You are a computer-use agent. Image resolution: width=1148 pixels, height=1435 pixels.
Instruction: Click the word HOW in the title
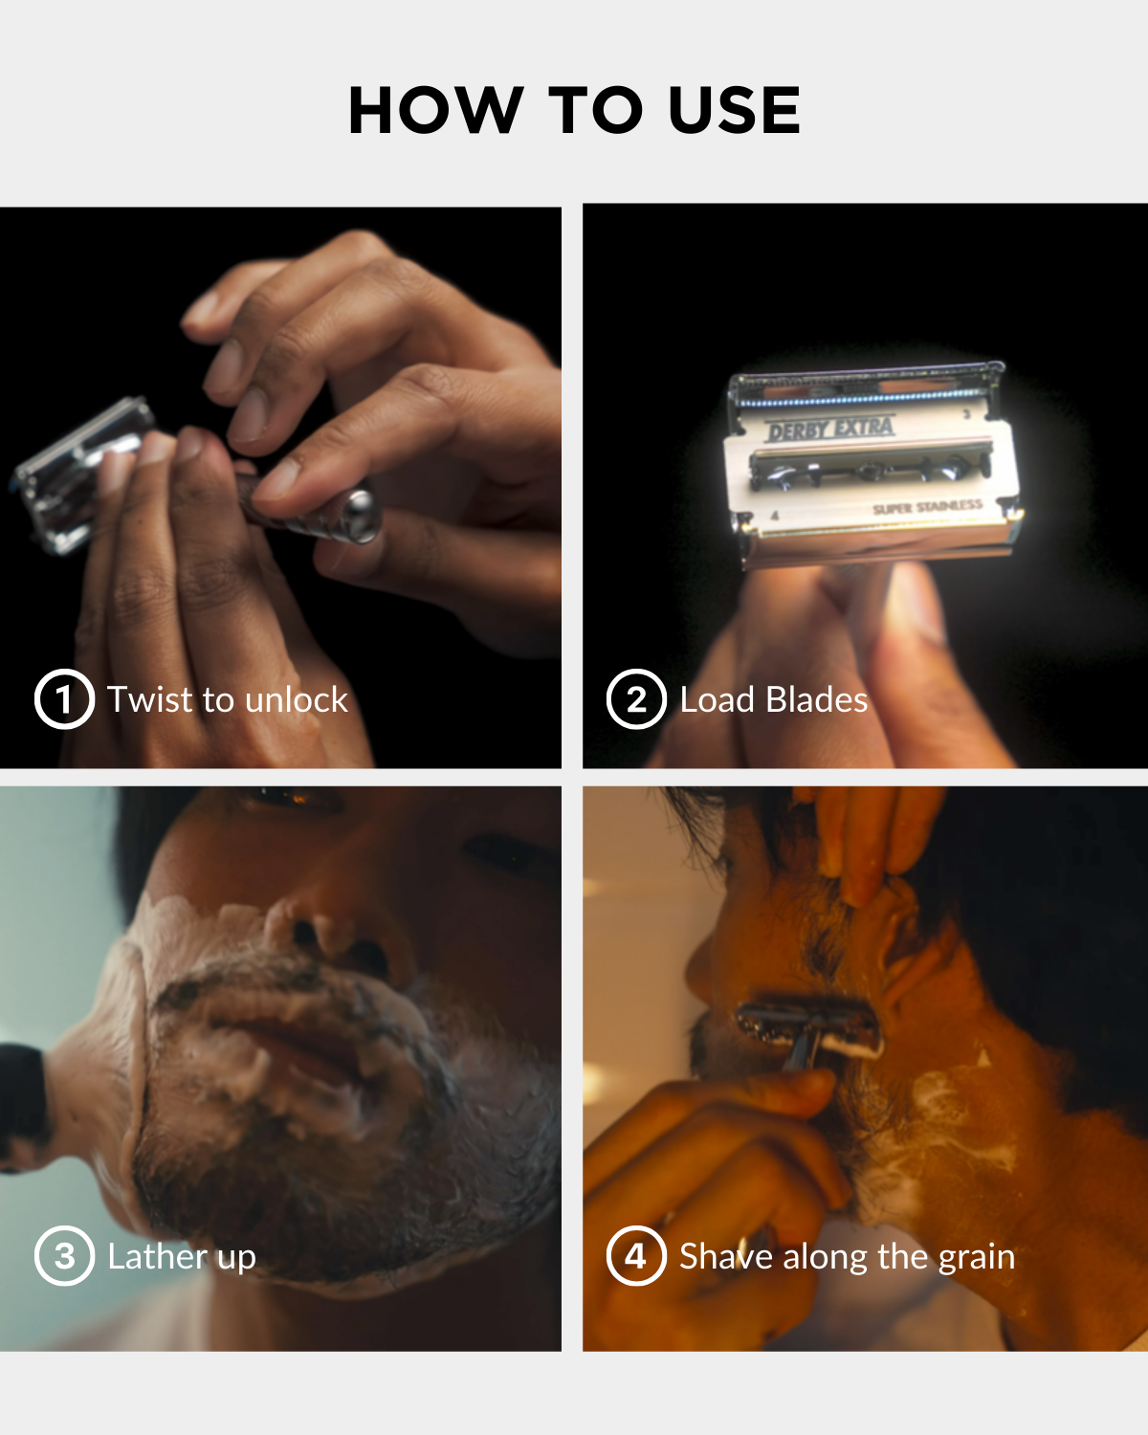pos(435,110)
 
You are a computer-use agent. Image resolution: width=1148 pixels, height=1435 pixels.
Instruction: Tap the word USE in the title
pos(735,110)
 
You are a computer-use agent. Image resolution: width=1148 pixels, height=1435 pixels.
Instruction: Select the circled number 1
pos(64,698)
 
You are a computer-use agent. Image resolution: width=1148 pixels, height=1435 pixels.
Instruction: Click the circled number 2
pos(636,698)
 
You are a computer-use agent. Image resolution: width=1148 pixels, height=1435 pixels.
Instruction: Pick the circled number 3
pos(64,1255)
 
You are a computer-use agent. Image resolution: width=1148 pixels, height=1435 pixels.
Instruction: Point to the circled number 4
pos(636,1255)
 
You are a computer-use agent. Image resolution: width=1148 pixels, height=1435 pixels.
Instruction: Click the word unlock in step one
pos(297,699)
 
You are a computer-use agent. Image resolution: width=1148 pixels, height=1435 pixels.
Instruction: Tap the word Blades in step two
pos(816,699)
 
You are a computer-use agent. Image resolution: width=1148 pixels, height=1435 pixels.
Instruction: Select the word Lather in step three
pos(158,1256)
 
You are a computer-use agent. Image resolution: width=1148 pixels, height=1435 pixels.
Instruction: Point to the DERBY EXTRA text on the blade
pos(829,429)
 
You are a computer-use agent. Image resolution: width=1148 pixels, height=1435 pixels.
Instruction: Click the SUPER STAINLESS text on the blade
pos(928,507)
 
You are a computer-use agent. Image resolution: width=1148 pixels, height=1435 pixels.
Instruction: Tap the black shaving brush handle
pos(21,1107)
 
